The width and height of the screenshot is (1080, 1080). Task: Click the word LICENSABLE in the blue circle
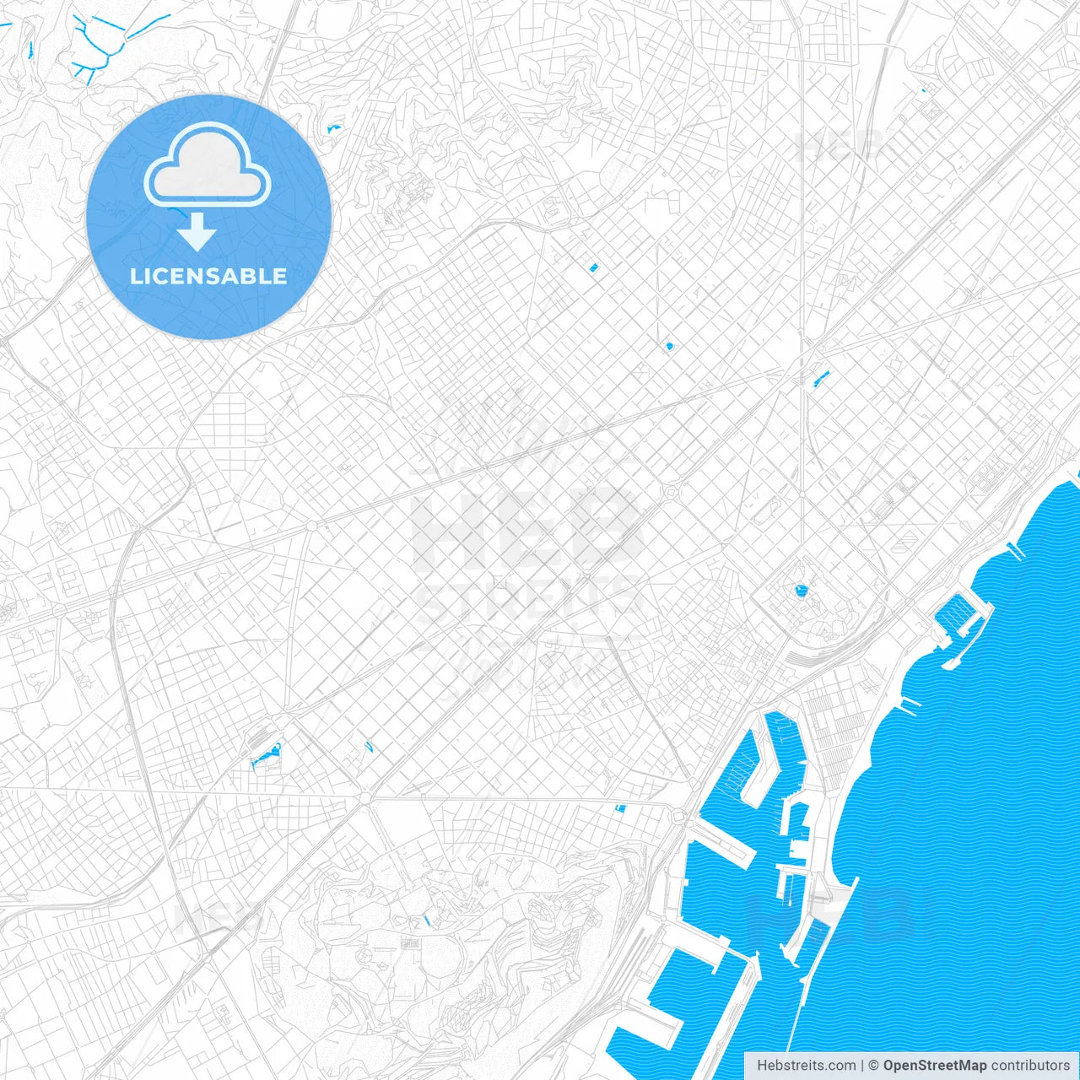208,276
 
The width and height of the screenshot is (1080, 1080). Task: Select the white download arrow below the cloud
197,232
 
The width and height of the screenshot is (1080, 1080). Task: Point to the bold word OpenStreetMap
934,1066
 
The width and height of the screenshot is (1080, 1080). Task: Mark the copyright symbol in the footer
874,1066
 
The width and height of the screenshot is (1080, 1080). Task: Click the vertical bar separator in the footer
862,1066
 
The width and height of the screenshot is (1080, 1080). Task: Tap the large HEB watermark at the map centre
527,527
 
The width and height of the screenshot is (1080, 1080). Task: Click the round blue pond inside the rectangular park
800,591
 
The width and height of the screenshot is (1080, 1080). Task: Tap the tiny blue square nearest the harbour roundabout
621,808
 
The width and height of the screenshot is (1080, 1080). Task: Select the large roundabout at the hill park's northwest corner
364,797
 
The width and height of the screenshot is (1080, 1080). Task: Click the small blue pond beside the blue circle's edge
332,129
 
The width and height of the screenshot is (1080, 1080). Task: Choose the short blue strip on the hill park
426,920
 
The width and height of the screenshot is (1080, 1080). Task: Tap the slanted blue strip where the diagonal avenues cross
820,377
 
